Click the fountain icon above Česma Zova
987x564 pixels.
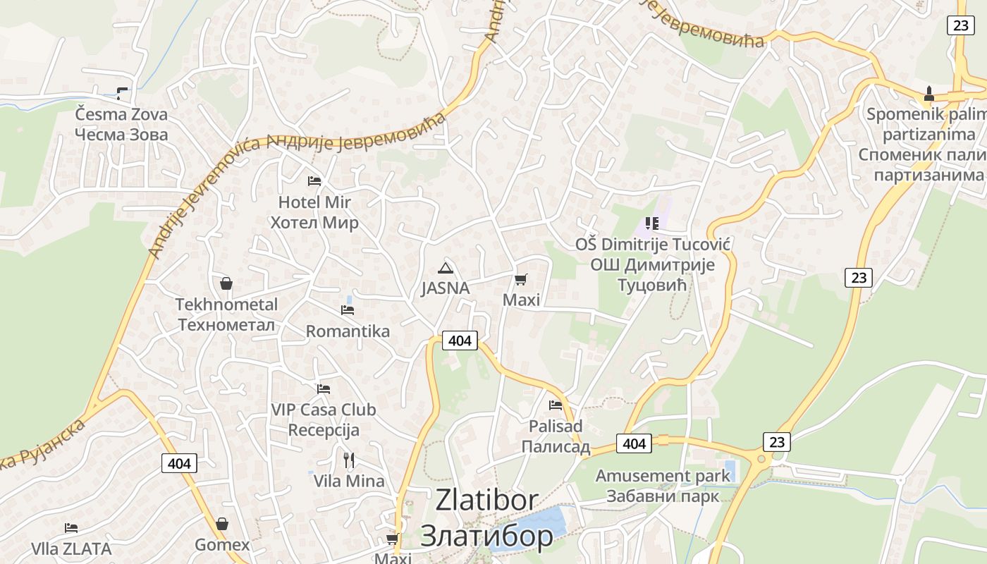(123, 92)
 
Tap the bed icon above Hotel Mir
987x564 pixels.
(314, 181)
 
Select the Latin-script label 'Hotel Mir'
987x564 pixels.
(314, 202)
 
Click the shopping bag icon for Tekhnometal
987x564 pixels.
(226, 283)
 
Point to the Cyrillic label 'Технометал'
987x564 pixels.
(226, 325)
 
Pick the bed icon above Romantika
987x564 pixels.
(347, 309)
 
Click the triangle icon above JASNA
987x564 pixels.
(445, 268)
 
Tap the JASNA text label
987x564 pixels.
(445, 288)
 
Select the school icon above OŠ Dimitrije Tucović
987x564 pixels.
(652, 223)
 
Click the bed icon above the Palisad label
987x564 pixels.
(556, 405)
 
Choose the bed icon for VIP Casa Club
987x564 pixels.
(324, 388)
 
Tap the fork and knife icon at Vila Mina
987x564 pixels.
(349, 460)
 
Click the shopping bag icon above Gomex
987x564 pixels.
(222, 524)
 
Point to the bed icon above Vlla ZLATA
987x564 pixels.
(71, 528)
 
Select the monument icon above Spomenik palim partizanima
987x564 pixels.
(929, 93)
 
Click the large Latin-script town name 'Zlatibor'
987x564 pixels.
(487, 500)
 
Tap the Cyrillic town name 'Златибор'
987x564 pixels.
(487, 536)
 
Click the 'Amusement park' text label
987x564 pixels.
(663, 476)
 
